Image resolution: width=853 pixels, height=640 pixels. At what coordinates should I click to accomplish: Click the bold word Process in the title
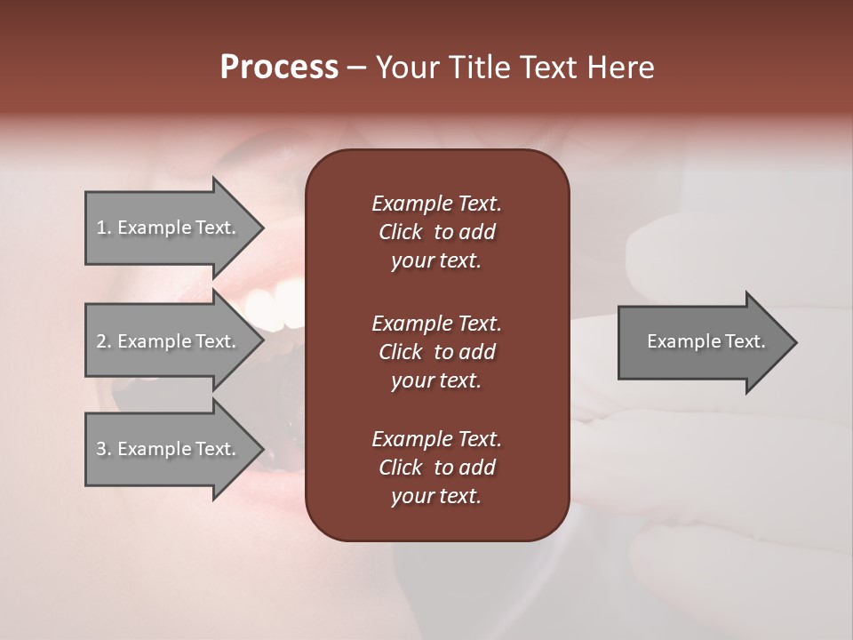(x=279, y=68)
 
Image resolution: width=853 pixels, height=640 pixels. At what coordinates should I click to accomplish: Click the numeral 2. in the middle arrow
(x=104, y=341)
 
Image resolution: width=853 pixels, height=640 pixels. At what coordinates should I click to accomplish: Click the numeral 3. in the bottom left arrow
(x=104, y=449)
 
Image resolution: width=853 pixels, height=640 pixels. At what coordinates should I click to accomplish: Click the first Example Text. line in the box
(x=436, y=204)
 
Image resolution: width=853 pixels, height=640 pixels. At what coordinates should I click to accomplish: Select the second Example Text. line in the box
(x=436, y=323)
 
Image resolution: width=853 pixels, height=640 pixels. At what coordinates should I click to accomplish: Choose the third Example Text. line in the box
(x=436, y=439)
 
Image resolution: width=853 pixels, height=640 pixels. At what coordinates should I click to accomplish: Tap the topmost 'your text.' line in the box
(x=436, y=261)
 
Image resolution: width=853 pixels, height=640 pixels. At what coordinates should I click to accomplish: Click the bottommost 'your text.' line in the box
(x=436, y=497)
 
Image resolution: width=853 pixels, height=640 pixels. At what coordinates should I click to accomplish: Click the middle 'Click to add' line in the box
(x=436, y=352)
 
